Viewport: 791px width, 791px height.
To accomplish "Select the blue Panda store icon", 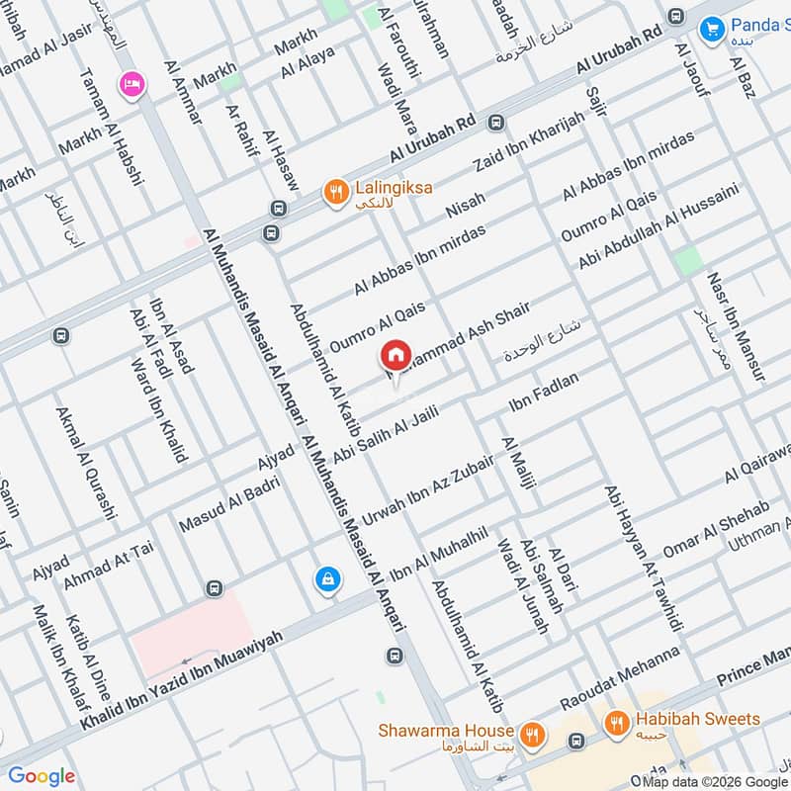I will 710,30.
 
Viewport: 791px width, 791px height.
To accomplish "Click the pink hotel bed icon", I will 130,84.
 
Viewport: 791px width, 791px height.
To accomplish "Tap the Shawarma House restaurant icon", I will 533,733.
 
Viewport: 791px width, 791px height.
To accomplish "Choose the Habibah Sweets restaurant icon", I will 617,724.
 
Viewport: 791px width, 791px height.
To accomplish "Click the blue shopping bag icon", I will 325,578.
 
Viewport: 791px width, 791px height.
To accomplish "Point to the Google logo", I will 41,776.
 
